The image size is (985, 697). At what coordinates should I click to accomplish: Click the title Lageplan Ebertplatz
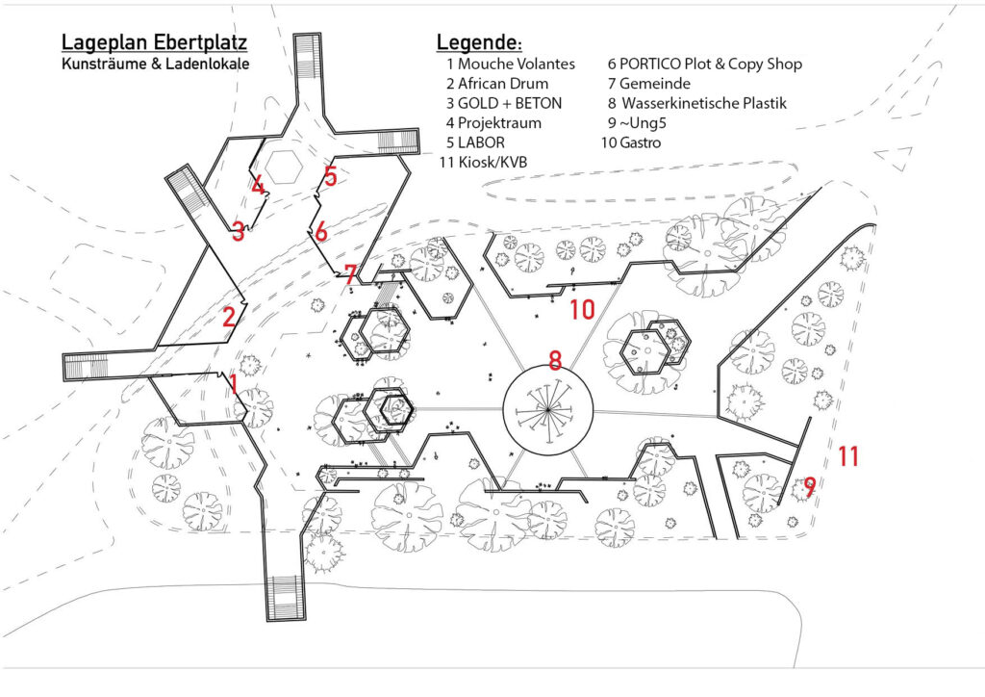click(x=154, y=43)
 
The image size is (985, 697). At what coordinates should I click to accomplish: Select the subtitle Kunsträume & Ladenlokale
click(x=153, y=65)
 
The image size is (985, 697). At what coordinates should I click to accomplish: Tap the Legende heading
click(x=479, y=43)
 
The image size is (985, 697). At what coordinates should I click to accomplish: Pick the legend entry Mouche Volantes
click(x=510, y=65)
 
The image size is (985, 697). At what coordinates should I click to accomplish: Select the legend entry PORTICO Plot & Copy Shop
click(x=704, y=65)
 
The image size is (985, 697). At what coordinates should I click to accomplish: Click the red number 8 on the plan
click(x=554, y=361)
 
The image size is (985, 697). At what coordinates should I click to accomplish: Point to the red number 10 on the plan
click(x=583, y=309)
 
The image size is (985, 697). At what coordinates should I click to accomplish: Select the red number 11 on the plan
click(x=847, y=456)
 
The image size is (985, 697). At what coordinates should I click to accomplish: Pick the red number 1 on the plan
click(x=233, y=384)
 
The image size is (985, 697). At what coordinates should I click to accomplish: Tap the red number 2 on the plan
click(x=229, y=318)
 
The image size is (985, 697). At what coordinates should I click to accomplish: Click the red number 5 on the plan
click(x=330, y=176)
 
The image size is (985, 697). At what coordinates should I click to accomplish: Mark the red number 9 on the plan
click(x=810, y=487)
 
